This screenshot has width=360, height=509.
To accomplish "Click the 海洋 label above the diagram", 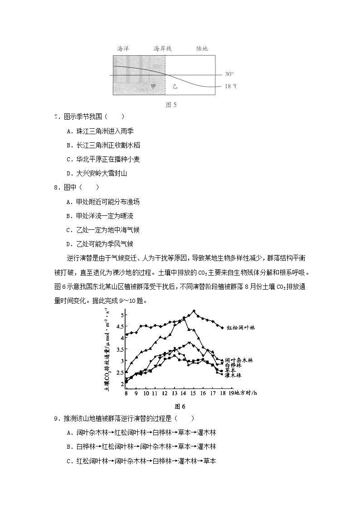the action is coord(123,48).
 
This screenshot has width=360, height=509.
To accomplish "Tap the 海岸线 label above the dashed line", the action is coord(163,48).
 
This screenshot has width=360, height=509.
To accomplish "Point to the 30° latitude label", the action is coord(229,74).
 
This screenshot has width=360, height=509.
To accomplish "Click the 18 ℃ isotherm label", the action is coord(231,87).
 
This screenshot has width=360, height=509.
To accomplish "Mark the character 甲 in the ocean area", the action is coord(153,86).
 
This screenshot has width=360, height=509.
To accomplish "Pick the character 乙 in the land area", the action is coord(175,86).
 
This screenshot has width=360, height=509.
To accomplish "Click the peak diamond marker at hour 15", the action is coord(194,311).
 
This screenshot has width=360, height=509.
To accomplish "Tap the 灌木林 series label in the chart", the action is coord(233,375).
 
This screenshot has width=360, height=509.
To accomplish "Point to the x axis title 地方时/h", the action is coord(246,393).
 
